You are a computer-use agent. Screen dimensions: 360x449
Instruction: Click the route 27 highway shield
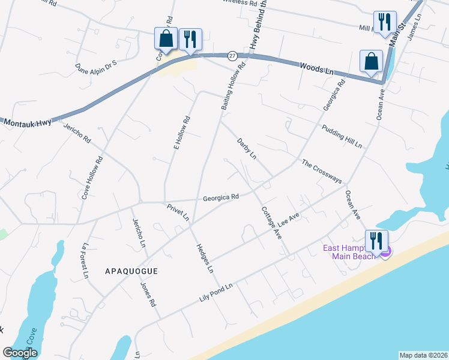coord(232,56)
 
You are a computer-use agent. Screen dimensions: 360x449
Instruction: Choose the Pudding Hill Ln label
coord(342,137)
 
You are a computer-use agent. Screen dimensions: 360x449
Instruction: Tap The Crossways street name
coord(322,172)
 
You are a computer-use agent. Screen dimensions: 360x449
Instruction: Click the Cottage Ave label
coord(271,222)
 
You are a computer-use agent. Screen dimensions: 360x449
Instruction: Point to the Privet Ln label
coord(178,212)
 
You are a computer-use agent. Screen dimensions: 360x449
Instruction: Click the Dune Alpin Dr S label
coord(95,64)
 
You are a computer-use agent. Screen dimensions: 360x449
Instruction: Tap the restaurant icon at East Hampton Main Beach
coord(376,241)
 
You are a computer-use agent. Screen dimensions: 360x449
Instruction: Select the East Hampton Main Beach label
coord(350,252)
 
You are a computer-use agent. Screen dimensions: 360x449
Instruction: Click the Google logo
coord(20,353)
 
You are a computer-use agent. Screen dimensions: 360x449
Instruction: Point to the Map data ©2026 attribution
coord(423,355)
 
